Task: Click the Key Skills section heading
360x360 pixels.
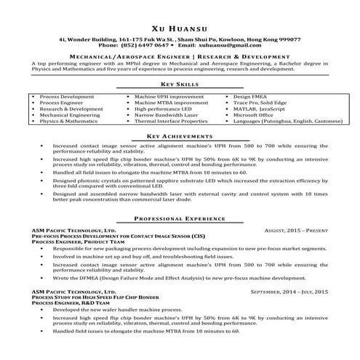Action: [x=180, y=85]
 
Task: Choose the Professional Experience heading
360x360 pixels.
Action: [x=180, y=219]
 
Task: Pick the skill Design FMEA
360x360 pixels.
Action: [x=252, y=96]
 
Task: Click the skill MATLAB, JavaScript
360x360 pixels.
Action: [x=260, y=108]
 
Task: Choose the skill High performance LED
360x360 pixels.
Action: [x=163, y=108]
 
